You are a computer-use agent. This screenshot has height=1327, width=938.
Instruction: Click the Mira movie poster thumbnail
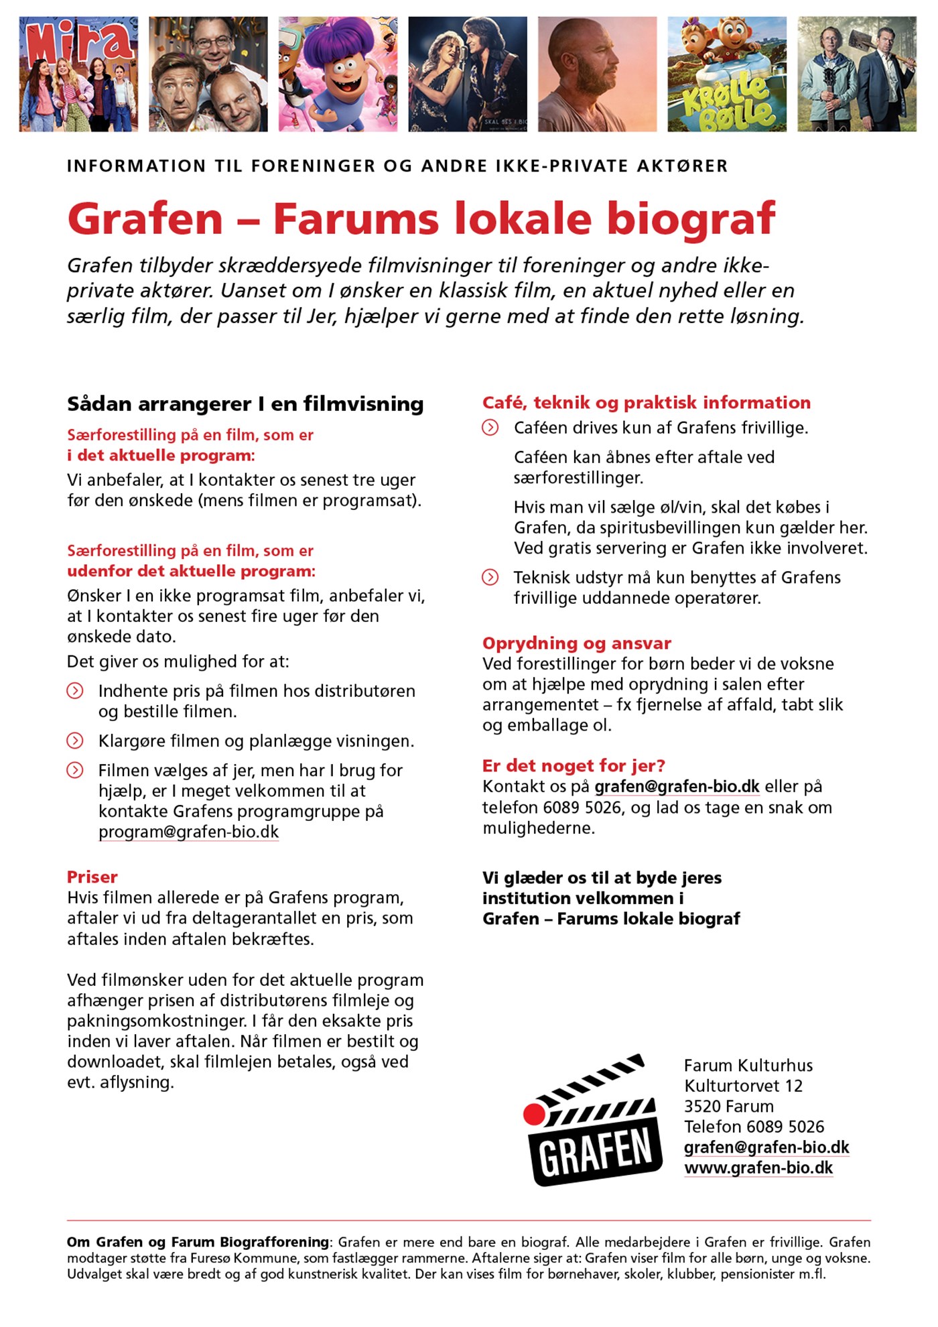coord(78,74)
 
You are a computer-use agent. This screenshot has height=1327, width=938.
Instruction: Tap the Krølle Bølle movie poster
coord(727,74)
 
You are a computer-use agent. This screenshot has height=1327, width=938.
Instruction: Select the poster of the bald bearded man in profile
coord(597,74)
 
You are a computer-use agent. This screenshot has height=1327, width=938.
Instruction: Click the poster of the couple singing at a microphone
coord(468,74)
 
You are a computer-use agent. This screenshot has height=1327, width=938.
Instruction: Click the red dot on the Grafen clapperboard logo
coord(534,1114)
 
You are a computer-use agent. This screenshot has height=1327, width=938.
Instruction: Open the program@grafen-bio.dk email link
coord(188,832)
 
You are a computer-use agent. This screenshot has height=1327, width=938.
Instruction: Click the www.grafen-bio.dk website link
coord(758,1167)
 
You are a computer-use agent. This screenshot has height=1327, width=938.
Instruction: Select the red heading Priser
coord(92,877)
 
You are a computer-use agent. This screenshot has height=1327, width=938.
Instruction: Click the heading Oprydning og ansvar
coord(576,643)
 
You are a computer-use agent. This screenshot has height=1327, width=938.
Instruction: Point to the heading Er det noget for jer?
coord(574,765)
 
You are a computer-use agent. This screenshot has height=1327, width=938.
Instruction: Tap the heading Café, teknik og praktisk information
coord(646,402)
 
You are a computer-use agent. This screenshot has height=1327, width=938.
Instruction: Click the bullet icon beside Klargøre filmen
coord(75,741)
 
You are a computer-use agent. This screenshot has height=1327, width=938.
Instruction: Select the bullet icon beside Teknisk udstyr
coord(490,577)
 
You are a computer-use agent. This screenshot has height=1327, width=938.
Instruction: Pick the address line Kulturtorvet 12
coord(743,1086)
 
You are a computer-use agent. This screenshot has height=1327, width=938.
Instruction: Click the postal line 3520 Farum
coord(728,1107)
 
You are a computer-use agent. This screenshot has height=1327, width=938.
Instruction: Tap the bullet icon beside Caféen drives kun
coord(490,428)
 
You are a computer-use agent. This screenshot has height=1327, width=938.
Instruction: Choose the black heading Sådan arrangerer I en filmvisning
coord(245,403)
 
